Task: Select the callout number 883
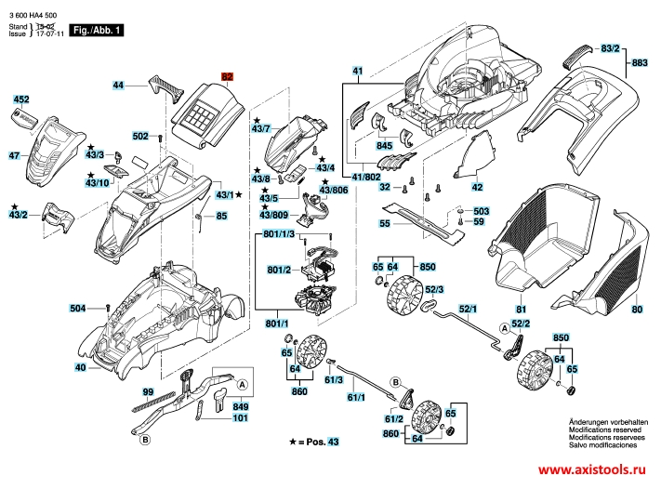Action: pyautogui.click(x=640, y=62)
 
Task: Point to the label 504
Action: pyautogui.click(x=78, y=308)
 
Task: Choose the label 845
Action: pyautogui.click(x=385, y=146)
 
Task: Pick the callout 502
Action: pyautogui.click(x=140, y=136)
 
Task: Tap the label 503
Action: pyautogui.click(x=480, y=211)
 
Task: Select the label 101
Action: pyautogui.click(x=240, y=418)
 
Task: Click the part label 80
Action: pyautogui.click(x=637, y=309)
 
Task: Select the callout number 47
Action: pyautogui.click(x=14, y=156)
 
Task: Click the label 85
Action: pyautogui.click(x=221, y=216)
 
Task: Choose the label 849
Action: pyautogui.click(x=240, y=406)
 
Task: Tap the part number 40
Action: pyautogui.click(x=80, y=368)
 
